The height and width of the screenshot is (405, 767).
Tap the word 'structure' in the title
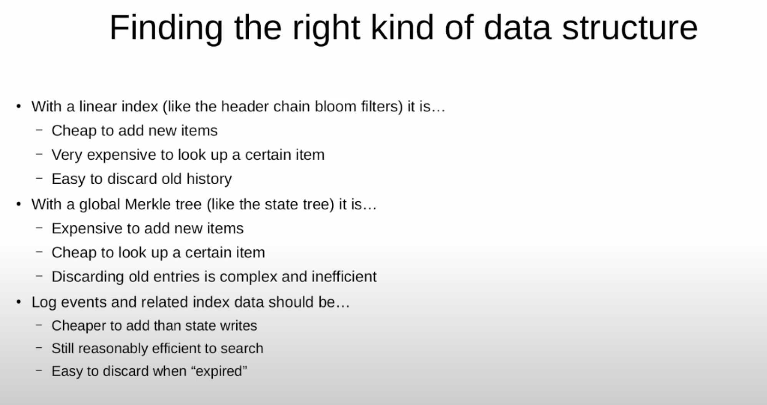click(630, 28)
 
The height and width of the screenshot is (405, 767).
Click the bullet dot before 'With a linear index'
click(19, 106)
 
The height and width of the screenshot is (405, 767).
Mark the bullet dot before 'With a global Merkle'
click(19, 204)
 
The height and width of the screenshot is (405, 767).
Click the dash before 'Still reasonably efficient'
click(39, 348)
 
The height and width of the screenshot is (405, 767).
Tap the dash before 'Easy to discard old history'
click(39, 178)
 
